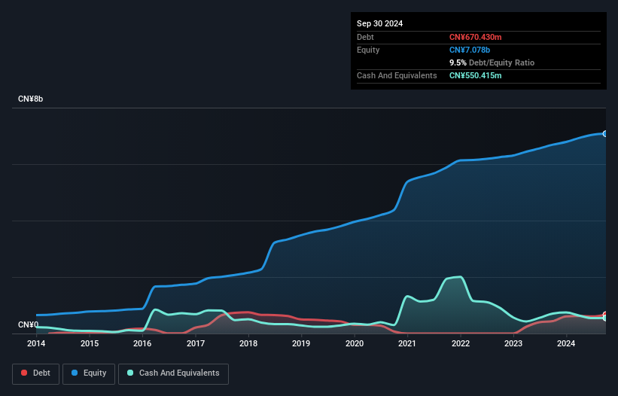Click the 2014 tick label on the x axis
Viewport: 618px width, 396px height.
tap(36, 344)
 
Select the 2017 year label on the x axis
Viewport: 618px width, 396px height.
tap(196, 344)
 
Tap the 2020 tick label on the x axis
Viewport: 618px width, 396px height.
tap(355, 344)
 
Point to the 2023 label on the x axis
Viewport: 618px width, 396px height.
tap(513, 344)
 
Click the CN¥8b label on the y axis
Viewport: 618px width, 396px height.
tap(31, 99)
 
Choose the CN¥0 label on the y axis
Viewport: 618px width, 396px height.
tap(28, 325)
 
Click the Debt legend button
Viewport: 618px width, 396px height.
tap(35, 373)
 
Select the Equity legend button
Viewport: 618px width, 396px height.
tap(88, 373)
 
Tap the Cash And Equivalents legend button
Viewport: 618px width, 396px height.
tap(173, 373)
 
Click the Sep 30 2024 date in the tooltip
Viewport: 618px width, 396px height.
tap(379, 23)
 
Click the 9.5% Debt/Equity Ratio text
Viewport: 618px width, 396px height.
tap(492, 62)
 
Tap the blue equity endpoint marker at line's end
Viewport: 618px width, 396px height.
tap(605, 133)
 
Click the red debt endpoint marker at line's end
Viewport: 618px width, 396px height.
tap(605, 315)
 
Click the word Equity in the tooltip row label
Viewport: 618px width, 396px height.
tap(368, 50)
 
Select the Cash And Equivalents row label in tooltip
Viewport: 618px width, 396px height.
tap(397, 75)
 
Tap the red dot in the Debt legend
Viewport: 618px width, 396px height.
tap(25, 373)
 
